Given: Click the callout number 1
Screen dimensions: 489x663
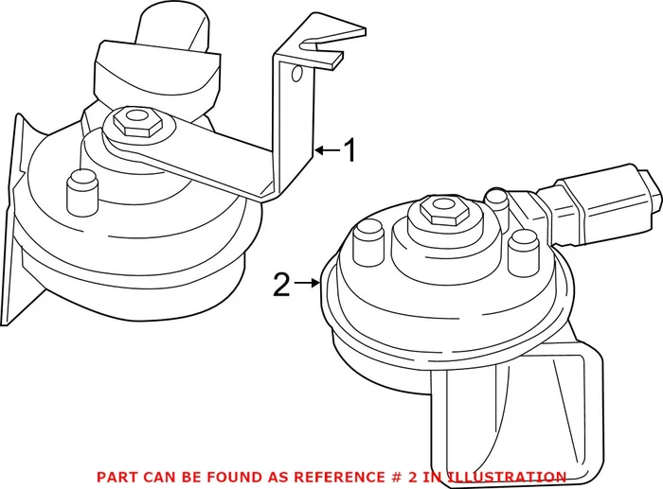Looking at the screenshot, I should (349, 149).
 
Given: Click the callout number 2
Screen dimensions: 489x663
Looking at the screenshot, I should (281, 284).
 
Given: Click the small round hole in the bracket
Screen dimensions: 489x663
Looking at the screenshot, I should (298, 72).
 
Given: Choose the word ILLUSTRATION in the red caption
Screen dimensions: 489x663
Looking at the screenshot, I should (507, 477).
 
